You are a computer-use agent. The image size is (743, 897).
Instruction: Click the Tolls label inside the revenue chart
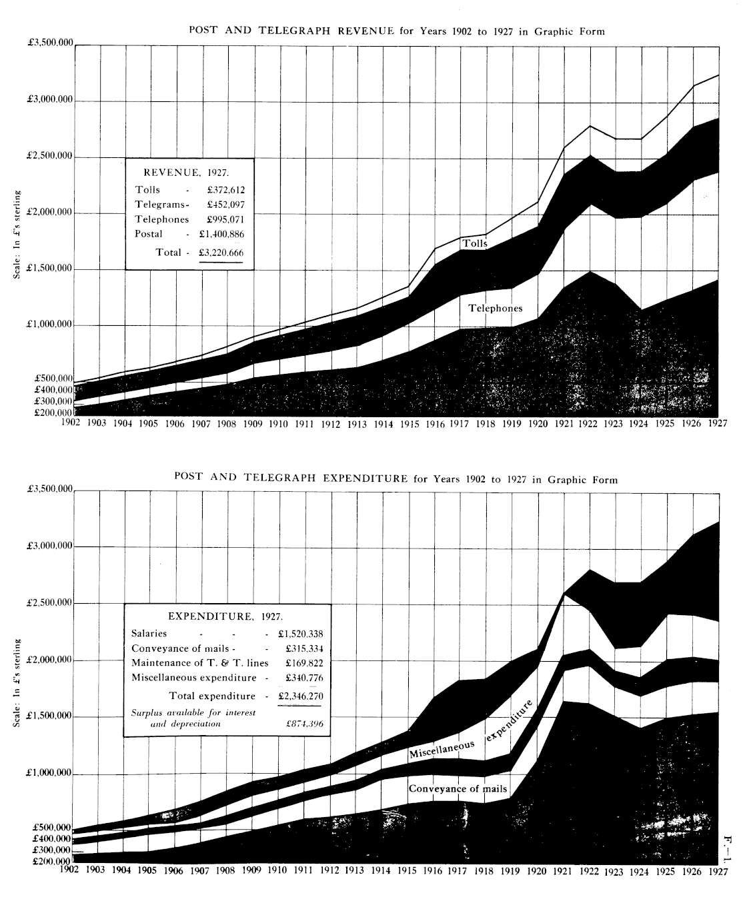(475, 244)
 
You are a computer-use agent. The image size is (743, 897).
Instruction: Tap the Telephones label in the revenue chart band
(495, 309)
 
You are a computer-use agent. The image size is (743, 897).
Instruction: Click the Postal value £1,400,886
(221, 235)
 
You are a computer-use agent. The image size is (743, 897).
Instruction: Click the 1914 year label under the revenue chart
(382, 424)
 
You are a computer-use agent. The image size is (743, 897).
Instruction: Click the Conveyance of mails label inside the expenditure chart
(454, 789)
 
